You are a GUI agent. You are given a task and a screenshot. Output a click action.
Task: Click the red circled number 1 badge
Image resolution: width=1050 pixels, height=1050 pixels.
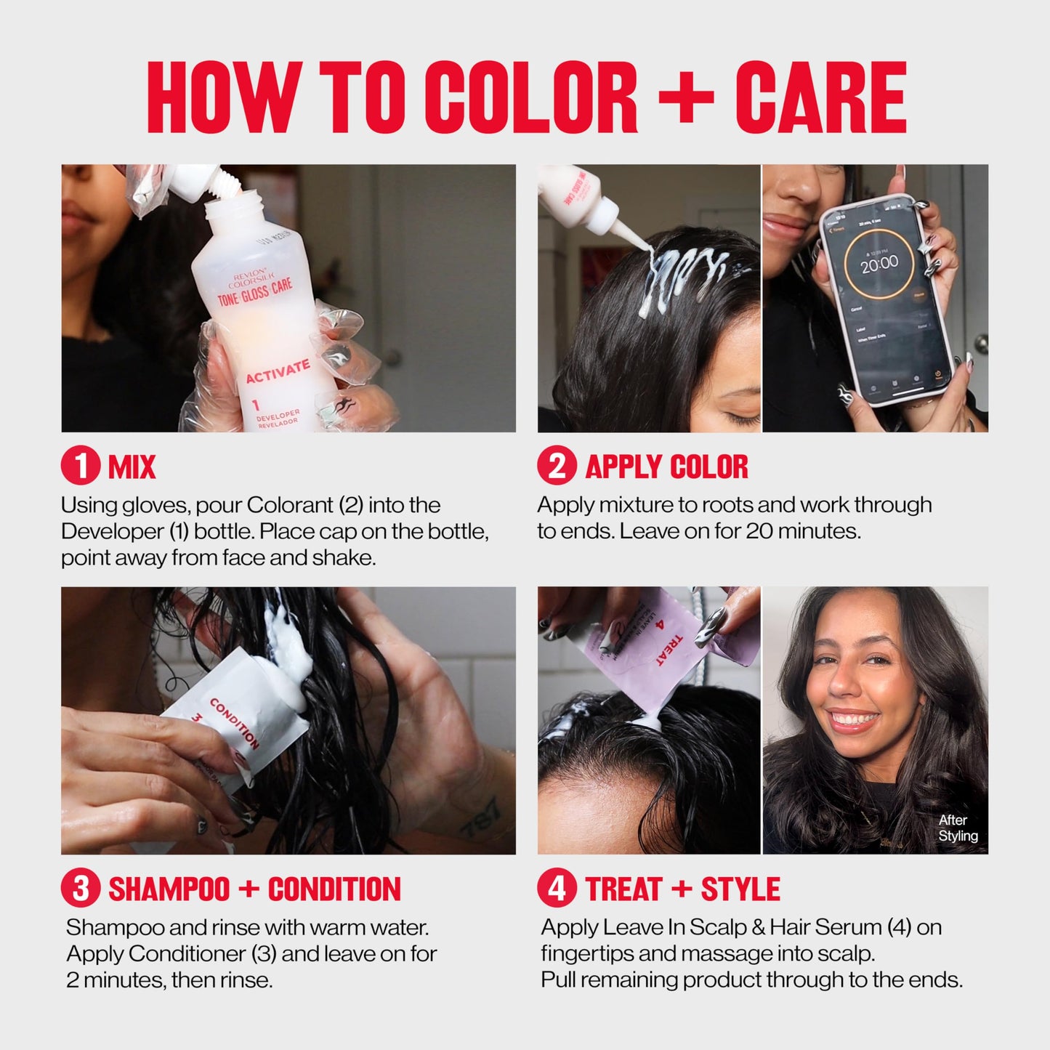tap(81, 467)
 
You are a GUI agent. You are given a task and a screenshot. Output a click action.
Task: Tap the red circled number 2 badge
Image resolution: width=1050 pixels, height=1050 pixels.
tap(557, 467)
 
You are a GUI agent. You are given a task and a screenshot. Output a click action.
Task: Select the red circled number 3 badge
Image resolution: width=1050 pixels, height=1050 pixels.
tap(81, 889)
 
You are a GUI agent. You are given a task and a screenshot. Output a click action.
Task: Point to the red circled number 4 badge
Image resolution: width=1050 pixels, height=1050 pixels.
tap(557, 889)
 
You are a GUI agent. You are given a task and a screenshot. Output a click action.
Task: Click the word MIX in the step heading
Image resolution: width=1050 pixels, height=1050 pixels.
tap(132, 467)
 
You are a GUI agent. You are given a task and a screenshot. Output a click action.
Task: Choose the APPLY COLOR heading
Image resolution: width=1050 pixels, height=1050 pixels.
tap(666, 467)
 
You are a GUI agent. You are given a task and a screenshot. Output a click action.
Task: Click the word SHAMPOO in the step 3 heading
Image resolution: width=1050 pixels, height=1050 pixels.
tap(169, 889)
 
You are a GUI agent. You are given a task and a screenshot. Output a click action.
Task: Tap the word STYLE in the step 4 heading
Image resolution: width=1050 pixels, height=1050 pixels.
tap(740, 889)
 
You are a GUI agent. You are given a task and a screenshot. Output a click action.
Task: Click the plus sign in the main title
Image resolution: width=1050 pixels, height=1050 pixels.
tap(685, 98)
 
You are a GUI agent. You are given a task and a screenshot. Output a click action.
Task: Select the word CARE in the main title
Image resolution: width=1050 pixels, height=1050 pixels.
tap(820, 98)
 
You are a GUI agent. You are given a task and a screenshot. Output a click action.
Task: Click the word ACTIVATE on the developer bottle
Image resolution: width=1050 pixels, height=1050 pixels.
tap(277, 371)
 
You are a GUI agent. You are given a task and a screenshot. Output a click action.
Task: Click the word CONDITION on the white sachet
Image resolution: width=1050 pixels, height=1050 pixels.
tap(234, 724)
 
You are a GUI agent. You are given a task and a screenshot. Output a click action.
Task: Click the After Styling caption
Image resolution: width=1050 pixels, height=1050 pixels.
tap(957, 828)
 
